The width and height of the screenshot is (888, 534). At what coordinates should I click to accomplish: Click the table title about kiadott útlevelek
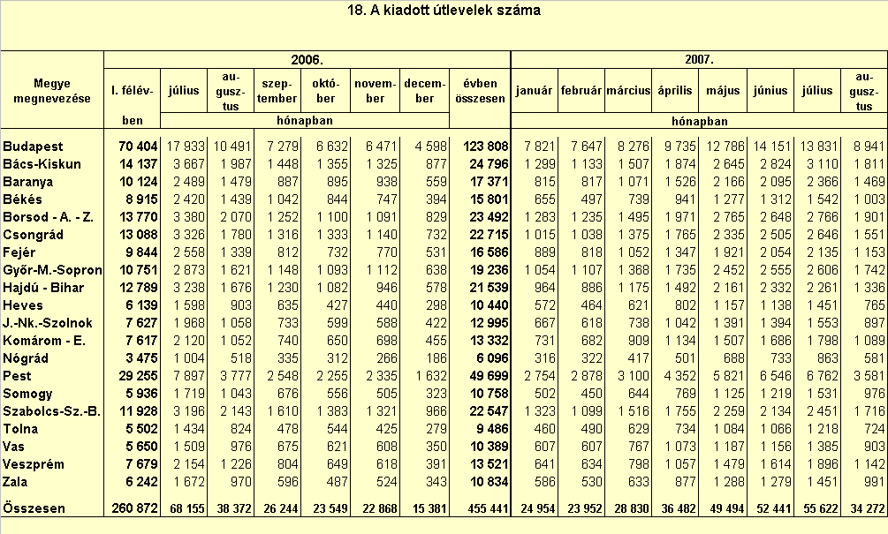click(x=444, y=11)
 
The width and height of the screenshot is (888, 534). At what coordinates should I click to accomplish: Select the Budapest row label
click(x=33, y=147)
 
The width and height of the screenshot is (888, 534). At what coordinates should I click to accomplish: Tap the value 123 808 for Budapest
click(x=486, y=147)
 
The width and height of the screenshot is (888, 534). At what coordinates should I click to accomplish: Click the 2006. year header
click(x=307, y=60)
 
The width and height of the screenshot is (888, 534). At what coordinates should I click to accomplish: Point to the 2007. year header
click(x=699, y=60)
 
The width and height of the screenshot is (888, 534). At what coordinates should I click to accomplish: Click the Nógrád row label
click(x=26, y=358)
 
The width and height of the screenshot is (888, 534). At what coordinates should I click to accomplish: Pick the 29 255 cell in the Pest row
click(x=138, y=376)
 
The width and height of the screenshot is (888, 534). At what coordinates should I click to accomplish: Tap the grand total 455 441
click(x=482, y=508)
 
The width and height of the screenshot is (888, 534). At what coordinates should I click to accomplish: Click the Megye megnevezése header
click(x=52, y=91)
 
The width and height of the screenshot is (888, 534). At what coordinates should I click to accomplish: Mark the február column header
click(x=581, y=91)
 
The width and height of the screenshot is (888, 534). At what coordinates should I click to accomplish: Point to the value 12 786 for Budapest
click(x=723, y=147)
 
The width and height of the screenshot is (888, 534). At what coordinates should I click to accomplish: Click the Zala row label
click(x=15, y=482)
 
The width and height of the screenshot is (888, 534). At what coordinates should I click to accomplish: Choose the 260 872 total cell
click(x=135, y=508)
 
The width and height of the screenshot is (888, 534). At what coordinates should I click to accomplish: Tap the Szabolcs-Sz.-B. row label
click(x=51, y=411)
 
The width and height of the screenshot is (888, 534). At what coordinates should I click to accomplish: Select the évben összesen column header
click(x=481, y=91)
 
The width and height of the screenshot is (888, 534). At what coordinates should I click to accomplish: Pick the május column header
click(x=723, y=91)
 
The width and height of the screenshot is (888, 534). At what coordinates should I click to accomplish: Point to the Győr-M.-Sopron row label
click(x=52, y=270)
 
